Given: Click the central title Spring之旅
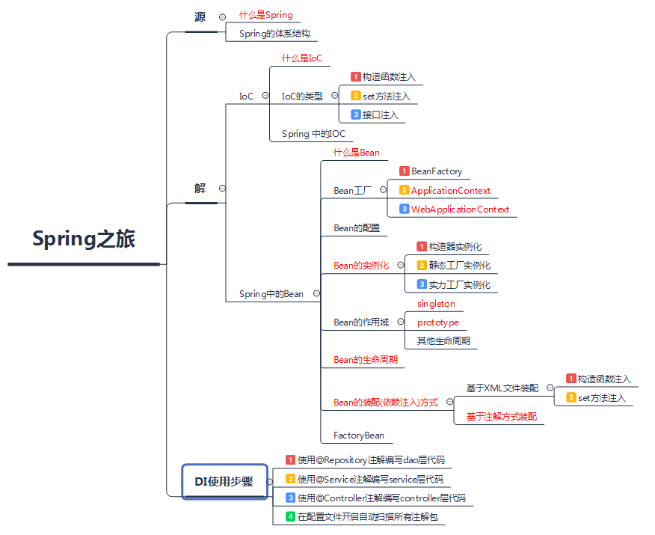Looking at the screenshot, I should pyautogui.click(x=84, y=239).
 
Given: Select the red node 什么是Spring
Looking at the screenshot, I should pyautogui.click(x=265, y=15).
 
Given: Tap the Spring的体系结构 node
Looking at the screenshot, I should pyautogui.click(x=274, y=34).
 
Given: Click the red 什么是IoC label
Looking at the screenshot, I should pyautogui.click(x=301, y=58).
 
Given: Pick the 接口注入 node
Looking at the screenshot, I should pyautogui.click(x=380, y=115).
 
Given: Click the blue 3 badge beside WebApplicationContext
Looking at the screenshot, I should pyautogui.click(x=404, y=210).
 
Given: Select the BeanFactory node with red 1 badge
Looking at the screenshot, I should pyautogui.click(x=437, y=171).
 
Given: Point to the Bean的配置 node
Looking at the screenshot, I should pyautogui.click(x=357, y=228).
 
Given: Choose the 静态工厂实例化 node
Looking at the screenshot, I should pyautogui.click(x=460, y=266).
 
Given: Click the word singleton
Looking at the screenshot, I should pyautogui.click(x=436, y=304).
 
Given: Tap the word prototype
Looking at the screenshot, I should pyautogui.click(x=438, y=322).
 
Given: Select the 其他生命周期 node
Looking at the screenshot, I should pyautogui.click(x=443, y=341).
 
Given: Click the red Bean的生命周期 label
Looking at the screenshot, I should pyautogui.click(x=365, y=360).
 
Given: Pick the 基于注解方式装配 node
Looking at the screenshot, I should pyautogui.click(x=501, y=417).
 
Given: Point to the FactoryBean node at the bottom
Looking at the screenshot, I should pyautogui.click(x=358, y=435).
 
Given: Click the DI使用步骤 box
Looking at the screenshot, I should pyautogui.click(x=224, y=481).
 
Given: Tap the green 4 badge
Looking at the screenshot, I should pyautogui.click(x=290, y=517).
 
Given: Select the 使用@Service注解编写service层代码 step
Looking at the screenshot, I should pyautogui.click(x=370, y=480).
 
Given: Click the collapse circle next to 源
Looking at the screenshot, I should pyautogui.click(x=222, y=16).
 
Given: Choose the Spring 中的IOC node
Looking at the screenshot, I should pyautogui.click(x=313, y=134).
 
